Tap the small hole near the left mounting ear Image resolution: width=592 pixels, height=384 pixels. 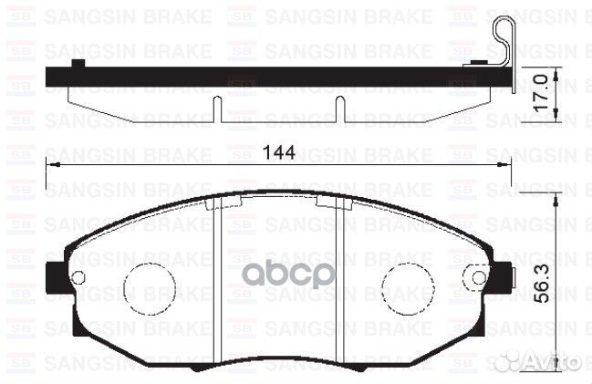point(78,277)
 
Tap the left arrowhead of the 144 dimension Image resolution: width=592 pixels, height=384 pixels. point(53,166)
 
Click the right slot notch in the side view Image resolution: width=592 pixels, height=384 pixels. point(339,109)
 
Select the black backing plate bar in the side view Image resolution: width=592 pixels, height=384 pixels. point(274,77)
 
